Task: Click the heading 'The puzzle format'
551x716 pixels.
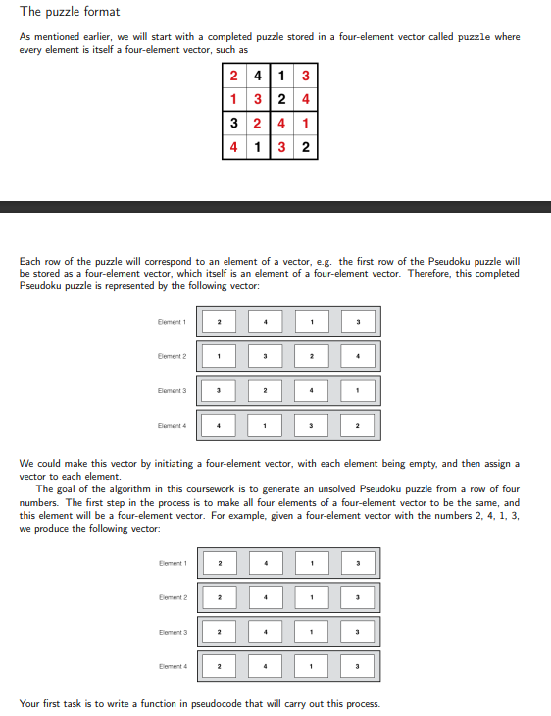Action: (70, 12)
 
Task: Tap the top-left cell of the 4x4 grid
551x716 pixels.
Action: (233, 77)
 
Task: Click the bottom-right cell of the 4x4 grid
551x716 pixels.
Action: (306, 148)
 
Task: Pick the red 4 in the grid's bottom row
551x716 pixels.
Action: (233, 148)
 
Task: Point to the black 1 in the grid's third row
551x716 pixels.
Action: (306, 125)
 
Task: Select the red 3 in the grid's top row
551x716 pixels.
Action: (306, 77)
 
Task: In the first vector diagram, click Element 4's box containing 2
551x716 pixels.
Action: (359, 425)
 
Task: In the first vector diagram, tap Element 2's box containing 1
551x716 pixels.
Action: (220, 355)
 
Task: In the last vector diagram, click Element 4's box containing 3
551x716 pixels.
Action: (359, 666)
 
